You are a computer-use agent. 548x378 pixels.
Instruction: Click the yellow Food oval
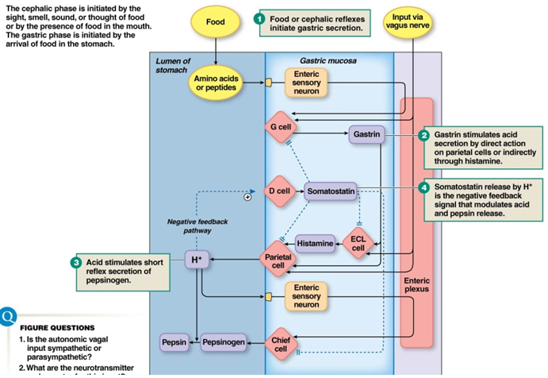tap(215, 22)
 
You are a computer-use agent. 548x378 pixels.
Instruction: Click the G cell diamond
tap(280, 127)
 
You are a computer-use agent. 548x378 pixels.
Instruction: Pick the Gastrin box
tap(365, 135)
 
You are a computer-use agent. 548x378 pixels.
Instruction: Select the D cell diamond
tap(279, 191)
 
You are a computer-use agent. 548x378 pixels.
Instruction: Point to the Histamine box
tap(315, 242)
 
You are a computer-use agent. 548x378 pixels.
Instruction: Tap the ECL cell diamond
tap(358, 243)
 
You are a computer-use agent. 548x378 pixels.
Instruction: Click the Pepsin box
tap(174, 342)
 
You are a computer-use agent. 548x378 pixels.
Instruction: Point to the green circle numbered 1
tap(259, 17)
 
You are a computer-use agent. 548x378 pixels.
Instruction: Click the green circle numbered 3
tap(75, 261)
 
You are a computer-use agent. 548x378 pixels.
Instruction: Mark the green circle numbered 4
tap(424, 187)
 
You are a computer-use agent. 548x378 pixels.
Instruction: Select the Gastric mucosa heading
tap(328, 61)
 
